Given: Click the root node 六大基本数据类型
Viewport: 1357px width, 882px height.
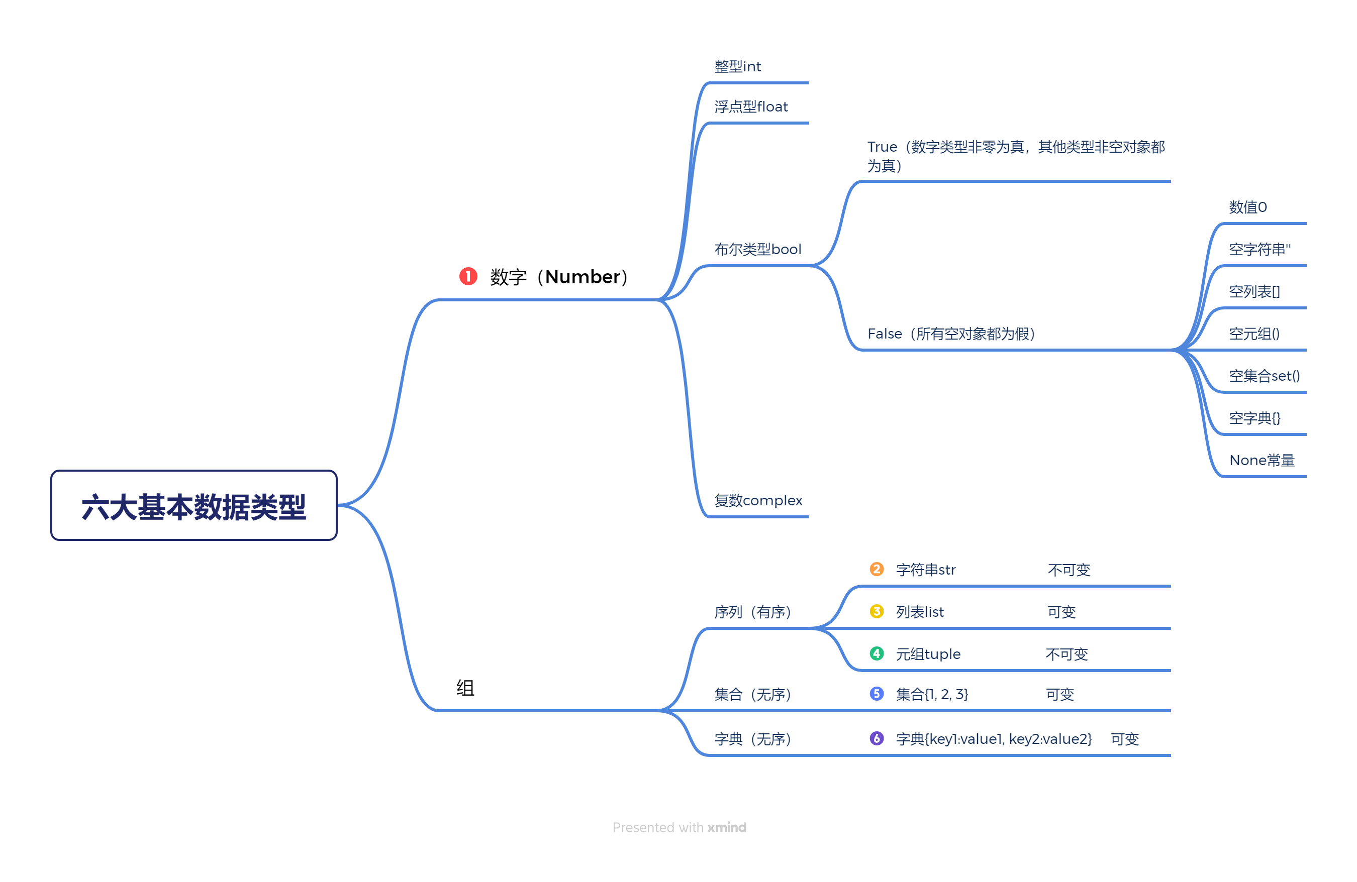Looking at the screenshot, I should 194,505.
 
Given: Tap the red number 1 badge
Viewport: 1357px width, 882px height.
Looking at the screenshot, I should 468,276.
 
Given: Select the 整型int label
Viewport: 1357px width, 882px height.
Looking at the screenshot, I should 737,67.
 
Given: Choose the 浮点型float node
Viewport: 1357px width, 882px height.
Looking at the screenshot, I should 751,106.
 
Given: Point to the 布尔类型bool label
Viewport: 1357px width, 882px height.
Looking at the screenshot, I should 758,249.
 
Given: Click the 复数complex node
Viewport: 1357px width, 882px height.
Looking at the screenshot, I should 758,500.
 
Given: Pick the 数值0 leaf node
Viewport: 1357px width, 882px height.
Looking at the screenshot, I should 1247,207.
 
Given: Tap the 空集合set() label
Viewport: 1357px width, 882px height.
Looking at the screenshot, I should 1264,376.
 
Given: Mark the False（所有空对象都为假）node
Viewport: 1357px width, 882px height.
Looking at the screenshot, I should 951,334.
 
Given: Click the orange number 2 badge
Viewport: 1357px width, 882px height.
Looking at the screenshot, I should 877,569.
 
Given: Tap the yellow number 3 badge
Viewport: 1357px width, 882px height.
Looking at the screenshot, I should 877,611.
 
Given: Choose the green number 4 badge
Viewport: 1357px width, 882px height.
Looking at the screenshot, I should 877,653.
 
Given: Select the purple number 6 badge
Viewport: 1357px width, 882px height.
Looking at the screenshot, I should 877,738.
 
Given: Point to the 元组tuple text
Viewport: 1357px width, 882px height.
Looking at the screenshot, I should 928,654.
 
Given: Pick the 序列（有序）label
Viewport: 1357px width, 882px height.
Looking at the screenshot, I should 752,612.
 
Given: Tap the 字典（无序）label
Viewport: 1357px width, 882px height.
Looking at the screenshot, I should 752,739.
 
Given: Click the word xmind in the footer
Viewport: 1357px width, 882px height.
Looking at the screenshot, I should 726,827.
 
